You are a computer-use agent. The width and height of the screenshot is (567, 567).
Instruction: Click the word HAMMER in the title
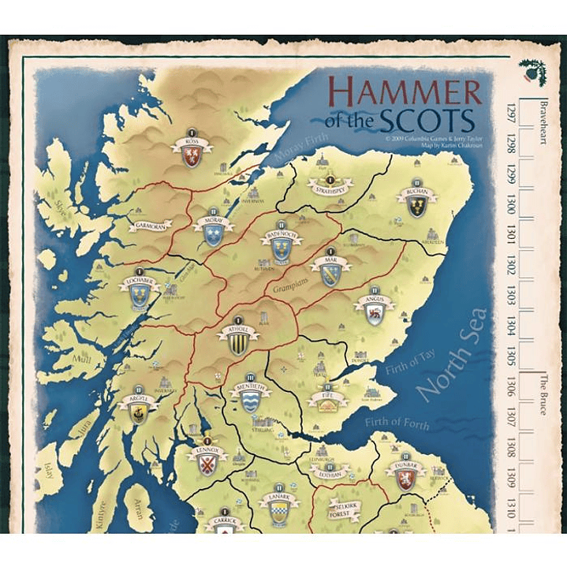404,92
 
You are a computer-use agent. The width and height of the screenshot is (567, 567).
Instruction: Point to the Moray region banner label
214,222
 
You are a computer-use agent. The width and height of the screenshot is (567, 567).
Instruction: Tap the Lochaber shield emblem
140,297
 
